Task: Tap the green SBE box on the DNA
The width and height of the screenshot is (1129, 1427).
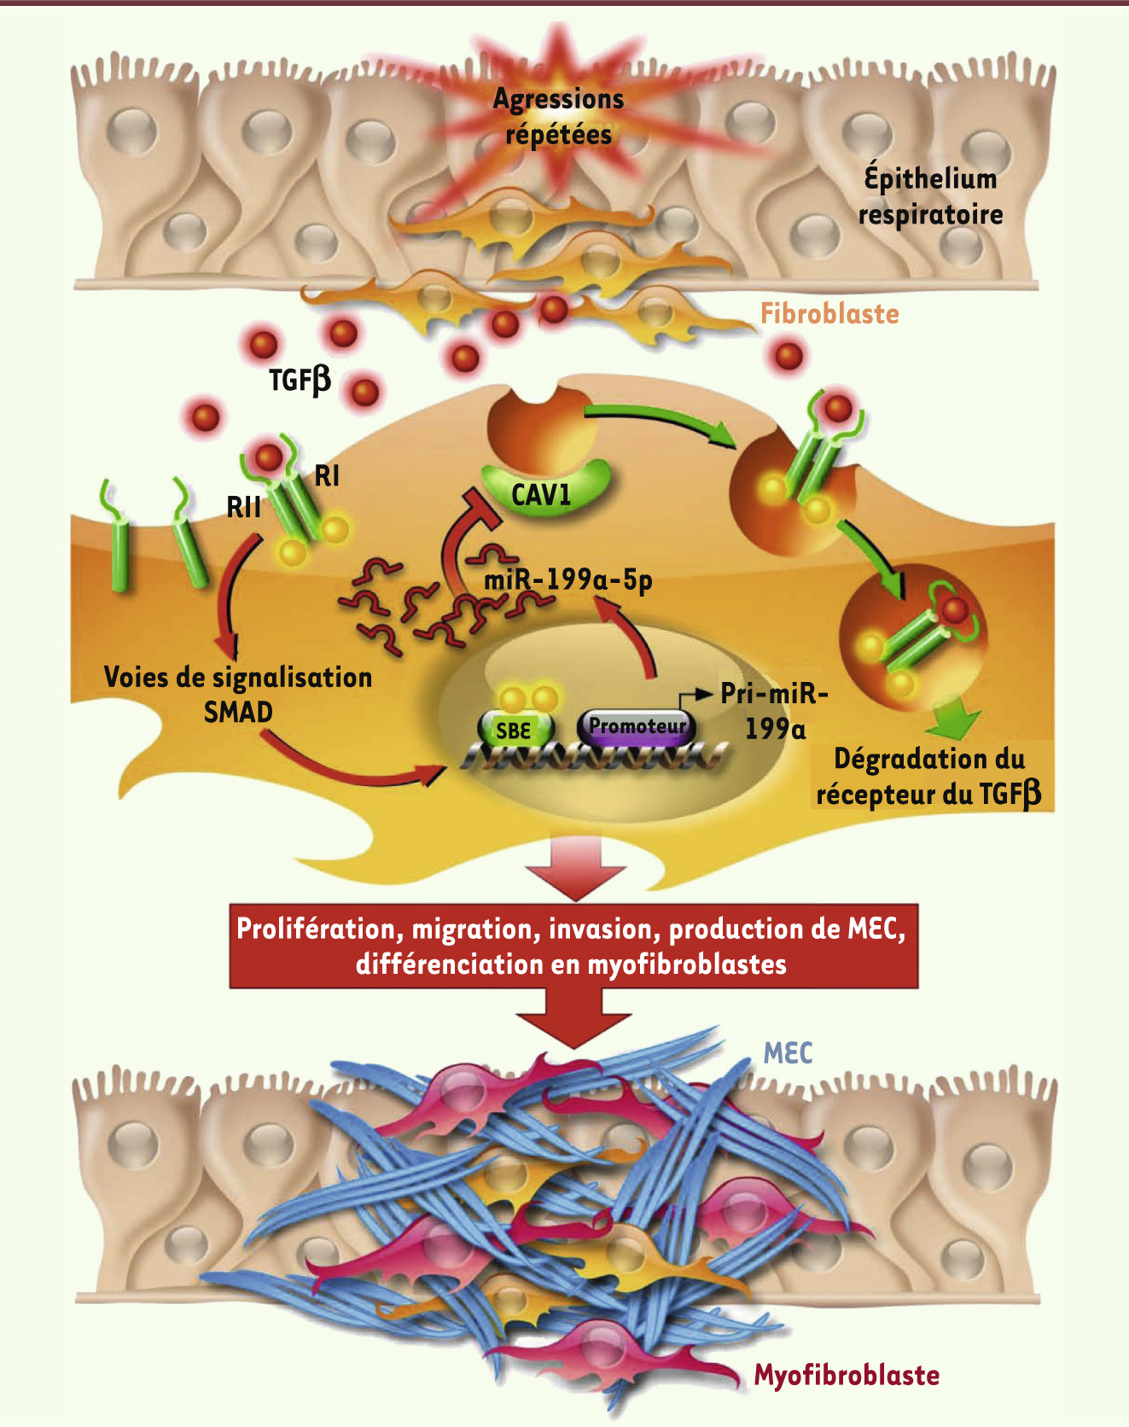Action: pos(515,731)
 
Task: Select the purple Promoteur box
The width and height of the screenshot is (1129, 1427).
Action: pos(637,726)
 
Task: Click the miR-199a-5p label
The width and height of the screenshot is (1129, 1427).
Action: pos(568,580)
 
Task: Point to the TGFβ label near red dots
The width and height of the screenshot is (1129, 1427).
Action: pos(300,379)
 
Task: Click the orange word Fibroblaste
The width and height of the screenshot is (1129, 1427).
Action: pos(829,314)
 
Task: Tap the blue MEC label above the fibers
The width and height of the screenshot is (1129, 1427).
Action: pos(788,1053)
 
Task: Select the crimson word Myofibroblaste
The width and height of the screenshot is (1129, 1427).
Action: pos(847,1376)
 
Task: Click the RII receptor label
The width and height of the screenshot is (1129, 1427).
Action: pos(243,507)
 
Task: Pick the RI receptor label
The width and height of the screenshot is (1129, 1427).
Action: pos(327,475)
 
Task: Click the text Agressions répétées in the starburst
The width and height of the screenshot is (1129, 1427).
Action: pos(559,117)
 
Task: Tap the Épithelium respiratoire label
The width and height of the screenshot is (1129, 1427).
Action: pos(930,195)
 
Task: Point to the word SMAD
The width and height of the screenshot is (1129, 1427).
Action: pos(238,712)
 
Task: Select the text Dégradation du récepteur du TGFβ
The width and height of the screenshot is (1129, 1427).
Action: pos(929,777)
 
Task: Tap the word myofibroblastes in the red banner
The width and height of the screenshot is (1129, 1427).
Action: pos(687,964)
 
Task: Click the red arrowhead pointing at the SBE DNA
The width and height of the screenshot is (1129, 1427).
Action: pos(431,773)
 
